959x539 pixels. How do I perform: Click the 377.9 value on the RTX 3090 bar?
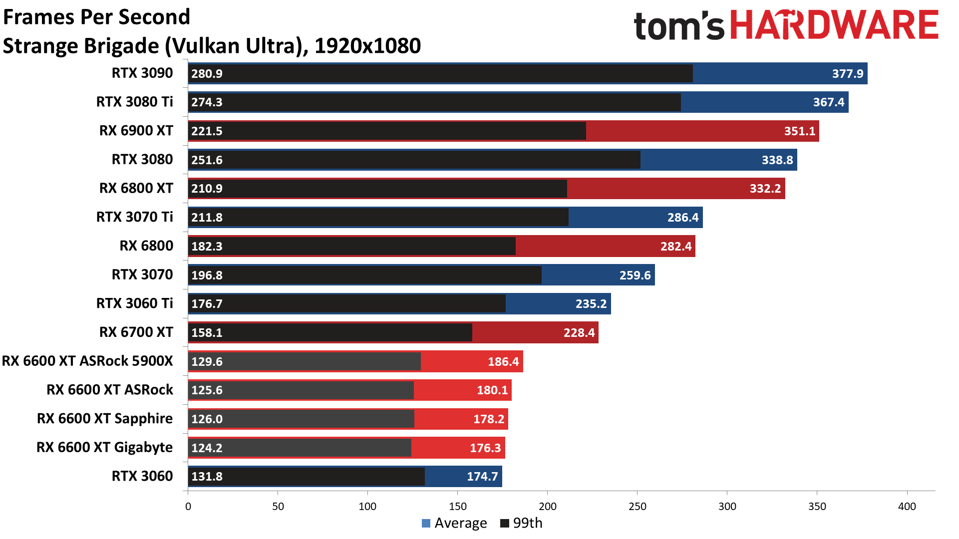coord(847,74)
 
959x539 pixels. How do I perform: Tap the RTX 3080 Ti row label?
coord(134,102)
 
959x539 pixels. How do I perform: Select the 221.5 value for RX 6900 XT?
coord(207,131)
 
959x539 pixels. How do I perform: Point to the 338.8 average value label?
coord(777,160)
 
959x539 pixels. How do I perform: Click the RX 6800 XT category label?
coord(136,188)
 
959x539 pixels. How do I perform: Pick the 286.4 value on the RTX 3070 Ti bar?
coord(682,218)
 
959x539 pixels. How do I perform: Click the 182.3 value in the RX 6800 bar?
coord(207,247)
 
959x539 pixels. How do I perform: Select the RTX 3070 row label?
coord(142,274)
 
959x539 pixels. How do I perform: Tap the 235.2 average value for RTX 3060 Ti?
coord(591,304)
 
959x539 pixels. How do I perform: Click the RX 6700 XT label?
coord(136,332)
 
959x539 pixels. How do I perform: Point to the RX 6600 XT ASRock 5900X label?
coord(87,361)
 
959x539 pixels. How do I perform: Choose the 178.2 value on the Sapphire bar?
coord(488,419)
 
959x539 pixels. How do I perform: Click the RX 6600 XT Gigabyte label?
coord(104,447)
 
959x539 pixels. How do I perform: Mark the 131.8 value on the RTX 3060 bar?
coord(207,477)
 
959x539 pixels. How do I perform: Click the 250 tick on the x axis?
coord(637,507)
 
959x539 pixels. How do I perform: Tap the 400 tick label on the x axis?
coord(907,507)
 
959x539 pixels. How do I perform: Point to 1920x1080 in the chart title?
coord(367,46)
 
